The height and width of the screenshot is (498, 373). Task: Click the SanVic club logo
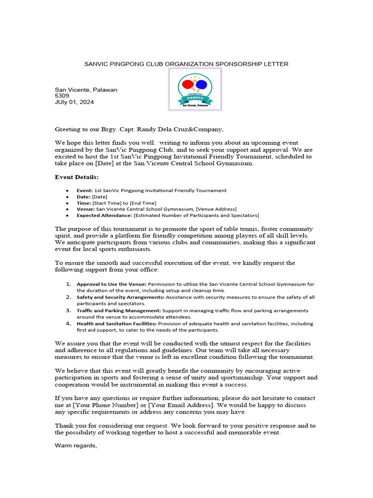pos(195,89)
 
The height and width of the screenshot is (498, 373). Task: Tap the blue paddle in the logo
pos(201,85)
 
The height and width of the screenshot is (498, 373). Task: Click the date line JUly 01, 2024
pos(74,102)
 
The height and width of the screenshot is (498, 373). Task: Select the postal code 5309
pos(62,96)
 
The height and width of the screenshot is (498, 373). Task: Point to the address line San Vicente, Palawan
pos(86,89)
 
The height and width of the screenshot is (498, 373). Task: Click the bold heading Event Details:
pos(77,177)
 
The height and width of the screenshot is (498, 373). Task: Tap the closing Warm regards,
pos(76,445)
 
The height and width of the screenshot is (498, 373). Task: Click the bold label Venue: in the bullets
pos(86,209)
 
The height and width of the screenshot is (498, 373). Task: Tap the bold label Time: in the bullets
pos(84,203)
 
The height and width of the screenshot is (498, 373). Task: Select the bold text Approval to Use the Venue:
pos(112,284)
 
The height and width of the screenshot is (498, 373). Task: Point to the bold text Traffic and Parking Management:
pos(119,310)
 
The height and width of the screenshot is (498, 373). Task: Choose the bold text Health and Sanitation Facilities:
pos(117,323)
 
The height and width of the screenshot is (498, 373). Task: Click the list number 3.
pos(68,310)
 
